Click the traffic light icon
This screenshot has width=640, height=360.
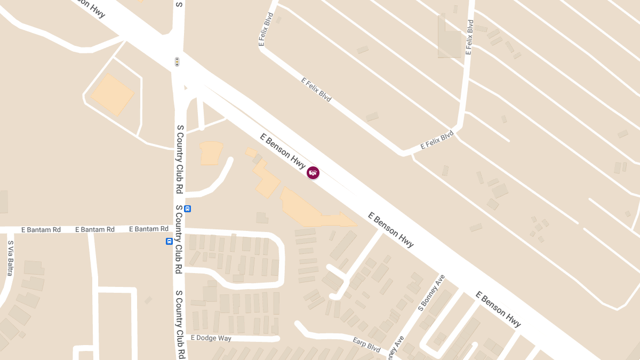(177, 62)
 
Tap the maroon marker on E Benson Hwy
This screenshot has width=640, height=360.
(313, 172)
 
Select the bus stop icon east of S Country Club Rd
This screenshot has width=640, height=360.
(187, 209)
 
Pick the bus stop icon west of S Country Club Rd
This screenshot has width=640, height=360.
(169, 241)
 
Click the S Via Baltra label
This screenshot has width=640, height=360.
(10, 258)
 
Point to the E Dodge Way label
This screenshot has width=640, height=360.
(211, 338)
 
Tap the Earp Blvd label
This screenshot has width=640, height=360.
(366, 344)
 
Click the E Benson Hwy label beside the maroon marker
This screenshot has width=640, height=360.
(283, 151)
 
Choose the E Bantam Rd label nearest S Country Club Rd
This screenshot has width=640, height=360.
(149, 229)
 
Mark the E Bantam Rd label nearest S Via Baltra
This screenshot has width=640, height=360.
(41, 230)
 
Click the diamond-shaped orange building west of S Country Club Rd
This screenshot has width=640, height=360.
(113, 94)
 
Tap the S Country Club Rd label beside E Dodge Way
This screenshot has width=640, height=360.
(180, 324)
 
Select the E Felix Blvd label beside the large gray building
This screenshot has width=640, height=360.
(469, 37)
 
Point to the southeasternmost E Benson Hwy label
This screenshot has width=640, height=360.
(498, 309)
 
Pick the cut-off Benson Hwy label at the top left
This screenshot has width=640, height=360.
(87, 7)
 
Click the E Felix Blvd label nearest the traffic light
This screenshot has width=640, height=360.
(266, 29)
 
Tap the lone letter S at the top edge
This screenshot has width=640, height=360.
(179, 4)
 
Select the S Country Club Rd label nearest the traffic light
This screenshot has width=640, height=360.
(180, 159)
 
